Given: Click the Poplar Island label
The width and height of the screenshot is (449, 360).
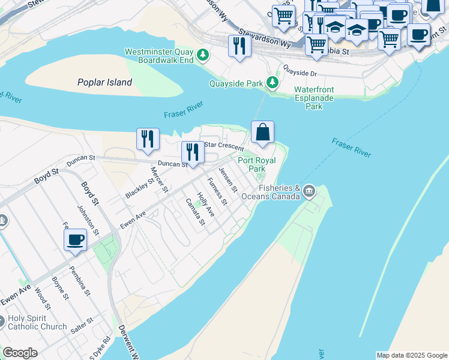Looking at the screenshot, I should (104, 83).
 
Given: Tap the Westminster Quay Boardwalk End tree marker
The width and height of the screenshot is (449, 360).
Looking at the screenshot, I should (203, 56).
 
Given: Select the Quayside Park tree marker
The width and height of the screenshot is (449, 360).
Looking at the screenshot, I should (273, 83).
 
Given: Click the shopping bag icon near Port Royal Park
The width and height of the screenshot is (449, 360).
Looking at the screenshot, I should (263, 132).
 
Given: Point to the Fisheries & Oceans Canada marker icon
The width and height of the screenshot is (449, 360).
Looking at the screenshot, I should (309, 191).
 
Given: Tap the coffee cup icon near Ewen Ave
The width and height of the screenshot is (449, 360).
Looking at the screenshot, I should (76, 241).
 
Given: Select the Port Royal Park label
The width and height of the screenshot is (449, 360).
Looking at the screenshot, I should (257, 164).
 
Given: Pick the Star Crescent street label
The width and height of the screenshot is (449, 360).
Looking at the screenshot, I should (224, 146).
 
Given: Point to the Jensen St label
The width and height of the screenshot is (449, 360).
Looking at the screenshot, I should (226, 178).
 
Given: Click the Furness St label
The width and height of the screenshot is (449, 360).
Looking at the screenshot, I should (217, 191).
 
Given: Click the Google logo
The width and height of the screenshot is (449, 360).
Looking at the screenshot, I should (20, 353).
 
